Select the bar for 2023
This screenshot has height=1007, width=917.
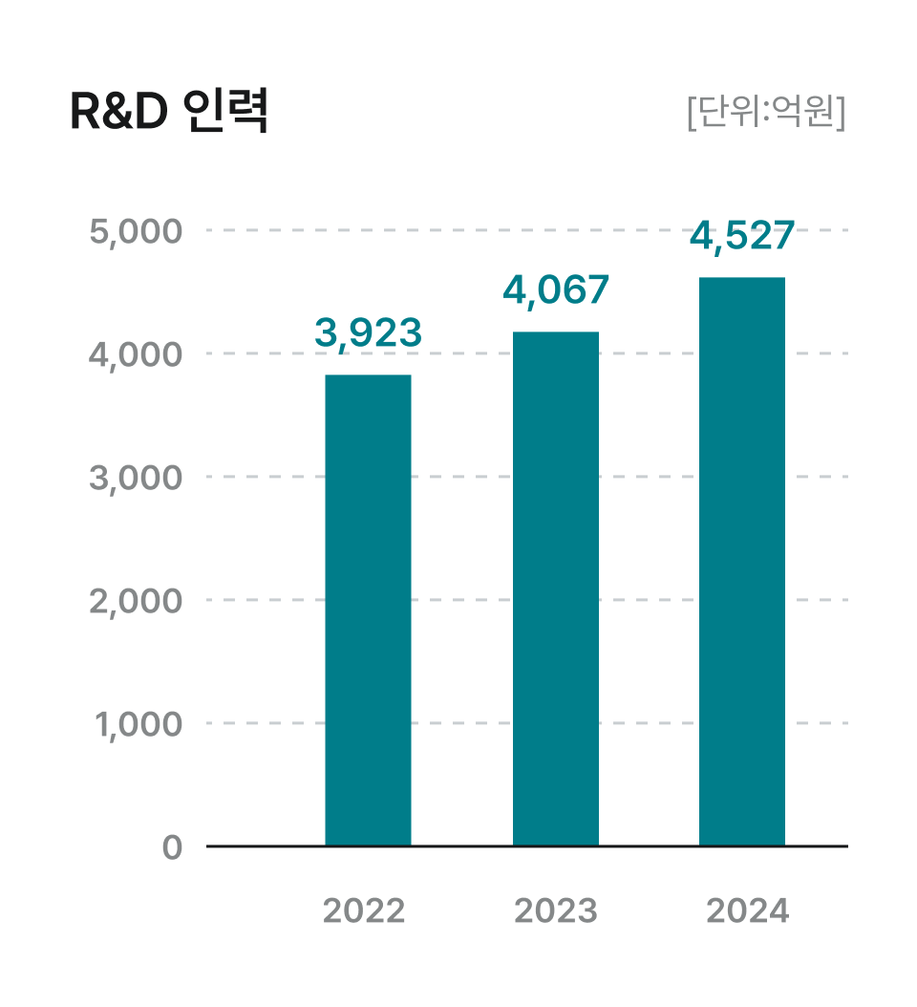[556, 589]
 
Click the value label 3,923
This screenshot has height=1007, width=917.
[368, 332]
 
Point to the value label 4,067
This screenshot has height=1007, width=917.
[556, 289]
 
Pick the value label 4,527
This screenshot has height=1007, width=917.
[742, 236]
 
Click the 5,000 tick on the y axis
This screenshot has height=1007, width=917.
[135, 232]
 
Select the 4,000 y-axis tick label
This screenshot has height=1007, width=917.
[135, 354]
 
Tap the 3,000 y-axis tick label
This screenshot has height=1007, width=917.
[135, 478]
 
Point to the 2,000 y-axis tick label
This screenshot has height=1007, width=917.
[135, 601]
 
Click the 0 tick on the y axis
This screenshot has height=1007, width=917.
[172, 847]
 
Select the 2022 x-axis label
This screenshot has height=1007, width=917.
[364, 911]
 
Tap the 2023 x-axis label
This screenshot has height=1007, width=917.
[556, 911]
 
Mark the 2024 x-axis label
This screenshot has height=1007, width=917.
[748, 911]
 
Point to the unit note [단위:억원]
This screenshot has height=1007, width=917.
[766, 113]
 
